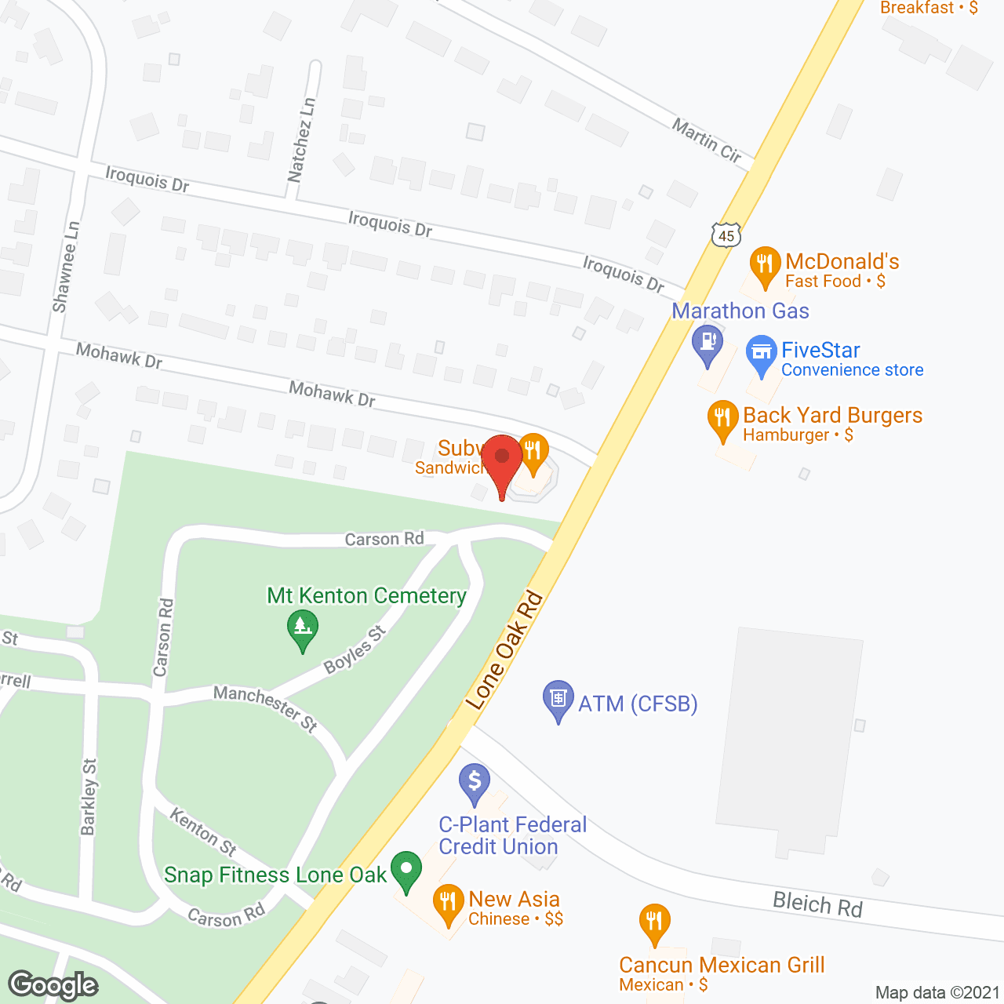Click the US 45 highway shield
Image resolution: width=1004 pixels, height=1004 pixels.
coord(726,235)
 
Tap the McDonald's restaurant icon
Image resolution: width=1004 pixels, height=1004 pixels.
coord(765,265)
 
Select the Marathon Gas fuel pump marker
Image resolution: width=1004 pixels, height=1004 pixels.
coord(708,344)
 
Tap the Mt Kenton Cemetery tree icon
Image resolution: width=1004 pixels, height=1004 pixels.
coord(303,628)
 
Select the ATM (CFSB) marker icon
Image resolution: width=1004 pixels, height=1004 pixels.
coord(558,699)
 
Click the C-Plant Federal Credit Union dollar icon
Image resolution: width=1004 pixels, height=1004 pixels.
coord(475,782)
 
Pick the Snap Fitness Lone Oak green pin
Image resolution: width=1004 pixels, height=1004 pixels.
coord(406,870)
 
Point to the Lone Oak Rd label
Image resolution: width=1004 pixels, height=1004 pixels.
coord(504,650)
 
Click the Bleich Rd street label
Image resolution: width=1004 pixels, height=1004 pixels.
coord(817,904)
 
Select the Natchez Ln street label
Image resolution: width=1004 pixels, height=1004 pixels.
coord(302,140)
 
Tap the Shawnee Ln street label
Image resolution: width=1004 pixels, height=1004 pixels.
coord(66,267)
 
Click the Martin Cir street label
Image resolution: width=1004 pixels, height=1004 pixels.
coord(707,140)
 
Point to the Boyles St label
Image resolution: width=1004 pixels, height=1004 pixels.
coord(355,649)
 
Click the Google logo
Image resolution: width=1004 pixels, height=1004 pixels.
coord(53,985)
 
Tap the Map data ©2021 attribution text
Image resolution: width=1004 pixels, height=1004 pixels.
coord(937,992)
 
